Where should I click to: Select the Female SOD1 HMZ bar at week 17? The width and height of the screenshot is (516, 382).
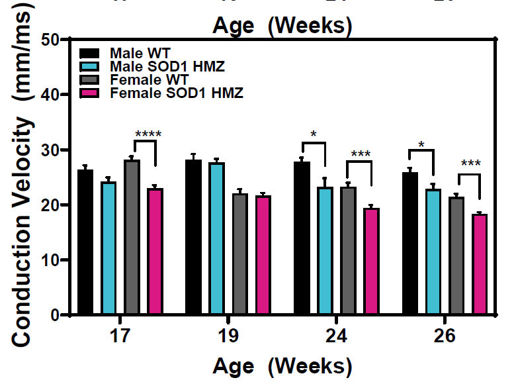[155, 252]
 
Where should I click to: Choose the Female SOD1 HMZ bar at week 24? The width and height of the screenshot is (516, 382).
[372, 262]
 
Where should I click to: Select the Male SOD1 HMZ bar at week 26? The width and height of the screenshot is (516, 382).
[433, 252]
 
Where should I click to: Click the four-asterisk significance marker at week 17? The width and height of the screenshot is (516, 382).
[148, 135]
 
